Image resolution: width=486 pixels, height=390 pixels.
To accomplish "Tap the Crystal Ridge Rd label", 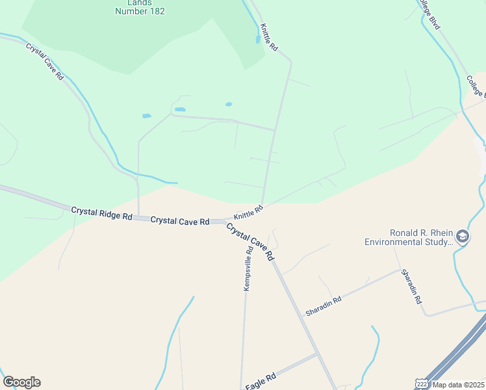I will point(101,213).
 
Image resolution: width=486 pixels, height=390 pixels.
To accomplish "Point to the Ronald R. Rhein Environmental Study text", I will point(409,237).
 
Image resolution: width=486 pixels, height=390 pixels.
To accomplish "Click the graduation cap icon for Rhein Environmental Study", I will point(463,237).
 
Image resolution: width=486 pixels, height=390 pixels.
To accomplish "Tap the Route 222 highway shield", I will point(422,384).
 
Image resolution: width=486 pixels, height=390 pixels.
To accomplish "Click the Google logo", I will point(21,382).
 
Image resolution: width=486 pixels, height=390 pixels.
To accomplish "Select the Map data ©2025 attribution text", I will point(457,385).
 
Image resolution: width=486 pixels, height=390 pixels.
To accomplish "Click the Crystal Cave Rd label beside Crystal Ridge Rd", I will point(179,221).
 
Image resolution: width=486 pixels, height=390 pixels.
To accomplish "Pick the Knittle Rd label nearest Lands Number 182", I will point(268,38).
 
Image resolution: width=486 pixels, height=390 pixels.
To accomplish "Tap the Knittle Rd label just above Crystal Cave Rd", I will point(248,211).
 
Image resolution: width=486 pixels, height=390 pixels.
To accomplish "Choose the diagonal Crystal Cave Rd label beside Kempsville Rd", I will point(251,242).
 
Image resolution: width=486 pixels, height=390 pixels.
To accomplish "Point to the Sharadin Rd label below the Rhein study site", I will point(411,287).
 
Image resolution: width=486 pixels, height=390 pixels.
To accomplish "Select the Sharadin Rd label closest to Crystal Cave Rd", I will point(324,306).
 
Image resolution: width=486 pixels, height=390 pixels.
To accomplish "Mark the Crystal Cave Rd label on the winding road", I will point(45,61).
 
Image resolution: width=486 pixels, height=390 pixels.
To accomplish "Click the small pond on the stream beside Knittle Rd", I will point(258,39).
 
